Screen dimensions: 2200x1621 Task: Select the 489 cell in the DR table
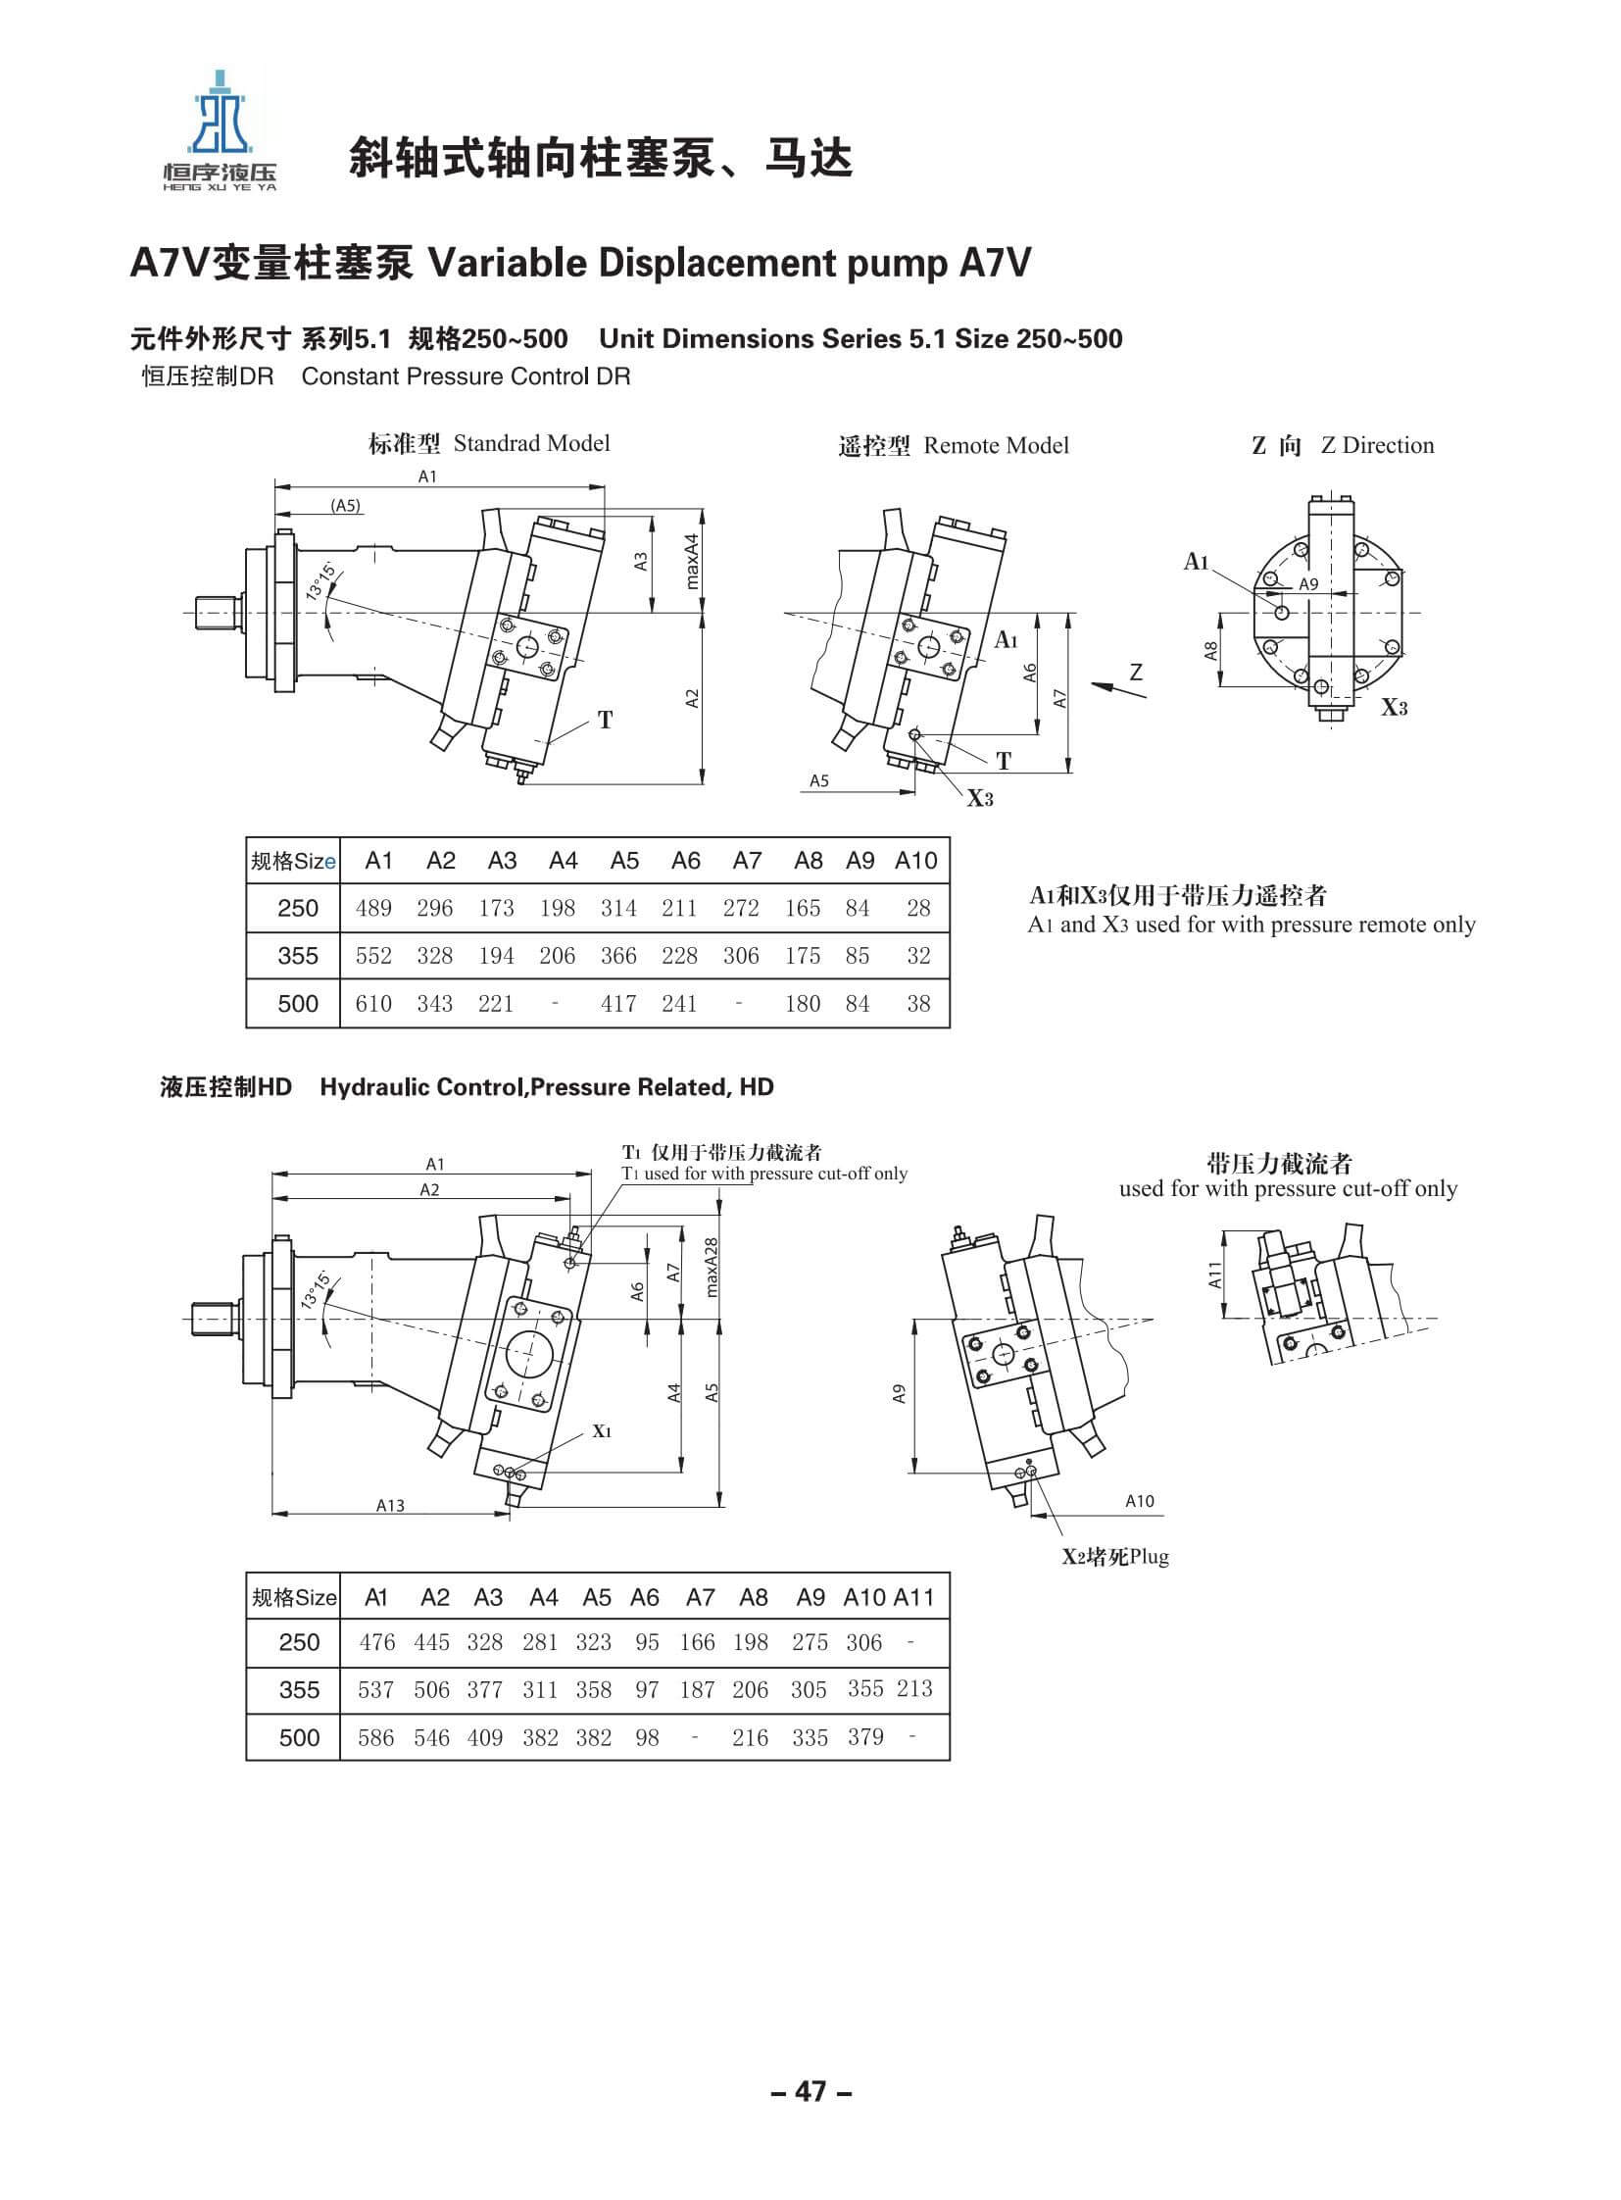click(x=373, y=908)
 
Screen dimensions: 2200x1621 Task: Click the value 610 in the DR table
click(x=373, y=1003)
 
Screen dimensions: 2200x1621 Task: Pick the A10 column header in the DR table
click(x=915, y=861)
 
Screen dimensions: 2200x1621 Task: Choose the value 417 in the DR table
click(x=618, y=1003)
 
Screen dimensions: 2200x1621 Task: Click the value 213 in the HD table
click(x=914, y=1688)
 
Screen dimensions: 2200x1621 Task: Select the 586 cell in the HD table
click(x=375, y=1737)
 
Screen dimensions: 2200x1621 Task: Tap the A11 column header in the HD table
click(x=913, y=1597)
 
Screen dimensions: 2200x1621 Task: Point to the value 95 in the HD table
click(x=647, y=1642)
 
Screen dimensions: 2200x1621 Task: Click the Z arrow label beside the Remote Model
click(x=1136, y=673)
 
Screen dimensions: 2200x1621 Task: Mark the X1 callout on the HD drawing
click(x=602, y=1431)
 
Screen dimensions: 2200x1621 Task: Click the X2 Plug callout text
click(x=1114, y=1556)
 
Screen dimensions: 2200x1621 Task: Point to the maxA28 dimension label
click(x=712, y=1266)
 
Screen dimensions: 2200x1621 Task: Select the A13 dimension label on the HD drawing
click(x=389, y=1505)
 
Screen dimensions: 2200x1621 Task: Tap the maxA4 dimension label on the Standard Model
click(x=692, y=562)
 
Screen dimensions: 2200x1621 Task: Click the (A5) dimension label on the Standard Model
click(x=345, y=507)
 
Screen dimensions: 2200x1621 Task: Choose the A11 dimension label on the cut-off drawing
click(x=1214, y=1275)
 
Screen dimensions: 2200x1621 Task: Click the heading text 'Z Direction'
click(x=1377, y=445)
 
